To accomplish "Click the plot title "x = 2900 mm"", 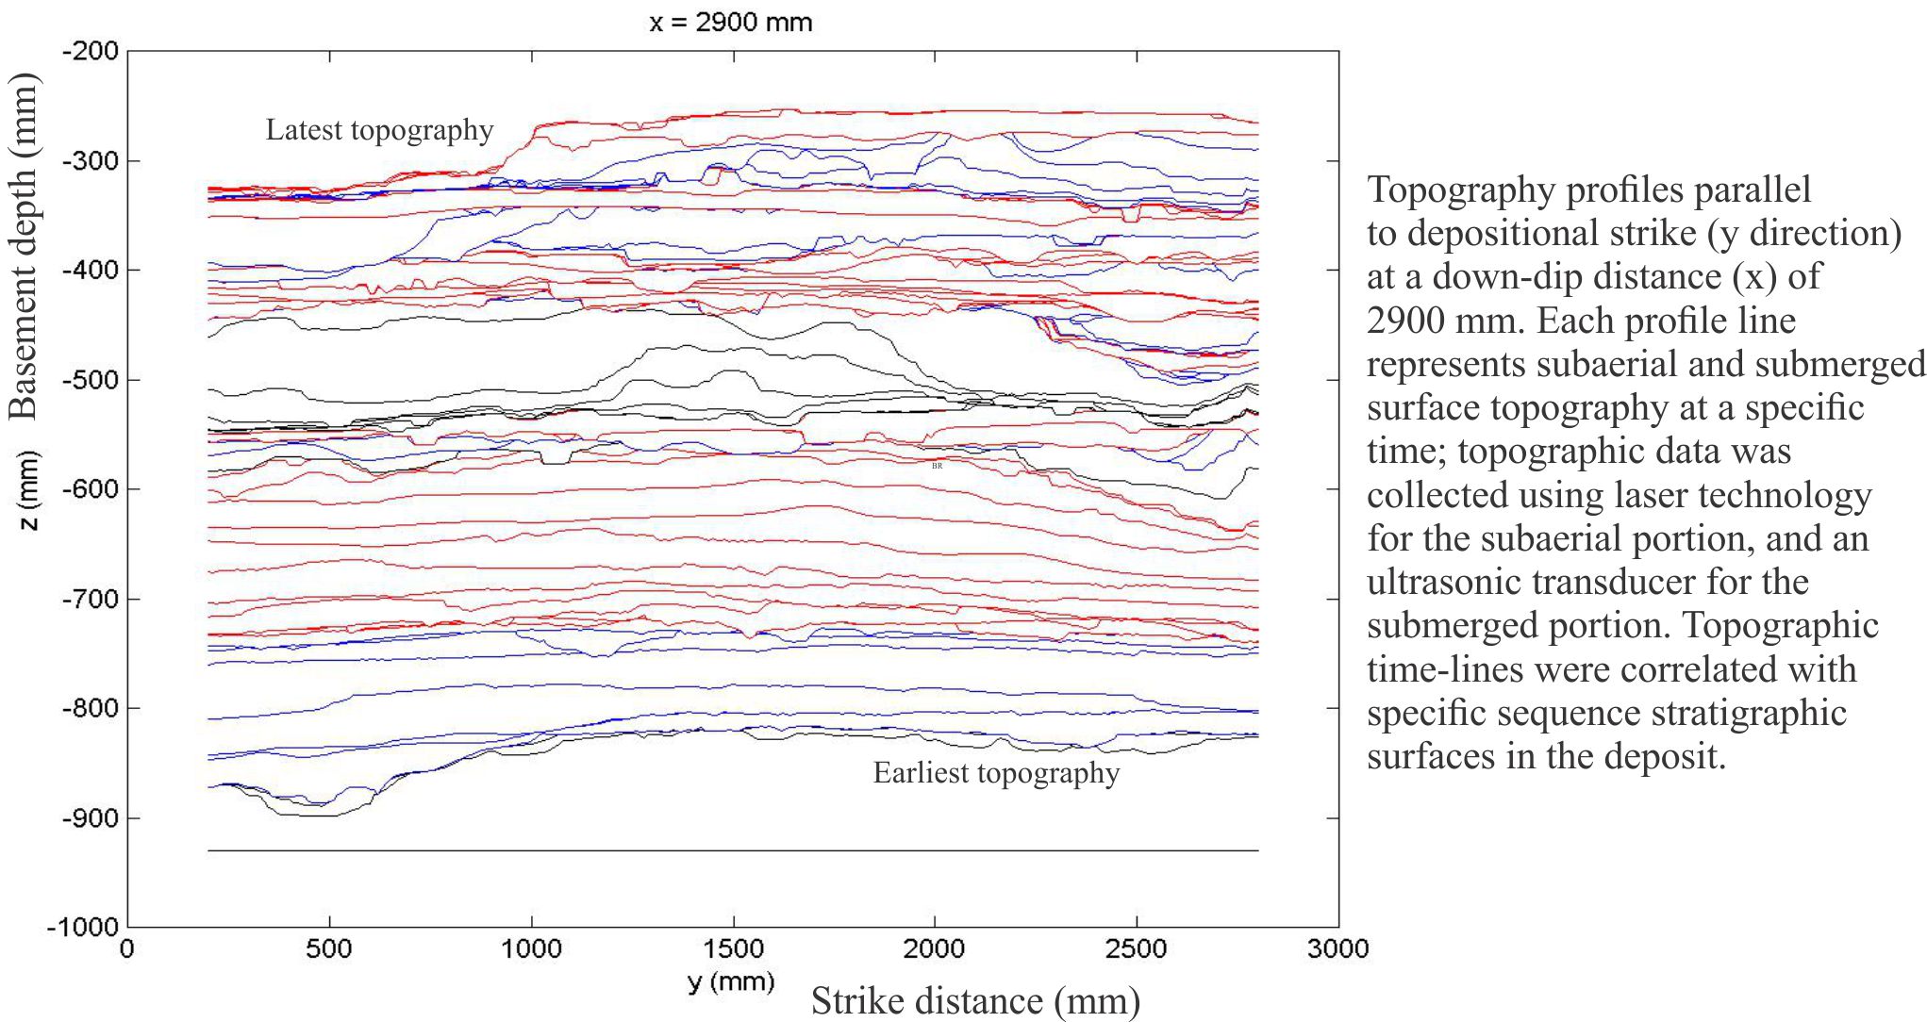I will click(731, 22).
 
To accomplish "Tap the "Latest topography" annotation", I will click(379, 130).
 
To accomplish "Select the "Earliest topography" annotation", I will click(996, 773).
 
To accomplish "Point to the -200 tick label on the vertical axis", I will click(91, 51).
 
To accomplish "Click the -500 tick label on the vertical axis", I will click(91, 380).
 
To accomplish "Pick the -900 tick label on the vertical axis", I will click(91, 817).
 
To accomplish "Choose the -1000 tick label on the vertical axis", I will click(84, 927).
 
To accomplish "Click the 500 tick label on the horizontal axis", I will click(329, 948).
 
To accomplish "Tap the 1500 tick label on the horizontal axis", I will click(733, 948).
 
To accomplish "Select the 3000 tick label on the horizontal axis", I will click(1337, 948).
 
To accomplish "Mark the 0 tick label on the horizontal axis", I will click(127, 948).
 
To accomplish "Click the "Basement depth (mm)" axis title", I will click(23, 247).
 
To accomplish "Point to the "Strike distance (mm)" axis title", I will click(975, 1001).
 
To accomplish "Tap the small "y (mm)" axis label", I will click(731, 981).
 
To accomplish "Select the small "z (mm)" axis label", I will click(30, 491).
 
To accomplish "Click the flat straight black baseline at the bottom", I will click(733, 850).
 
